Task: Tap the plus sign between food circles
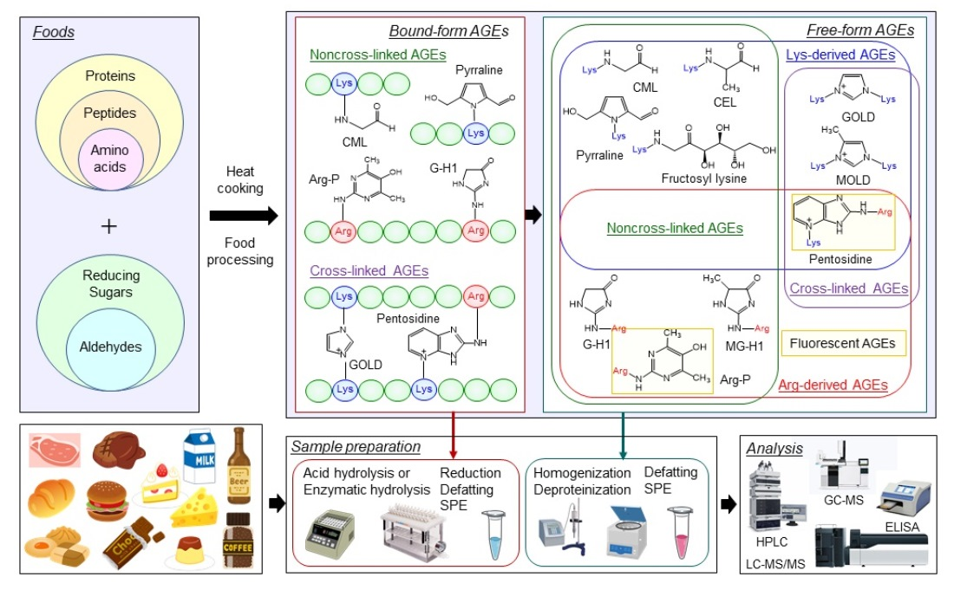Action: coord(108,226)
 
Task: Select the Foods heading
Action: coord(54,33)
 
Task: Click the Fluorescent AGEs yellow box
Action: coord(842,343)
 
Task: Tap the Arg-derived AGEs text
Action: coord(833,385)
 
